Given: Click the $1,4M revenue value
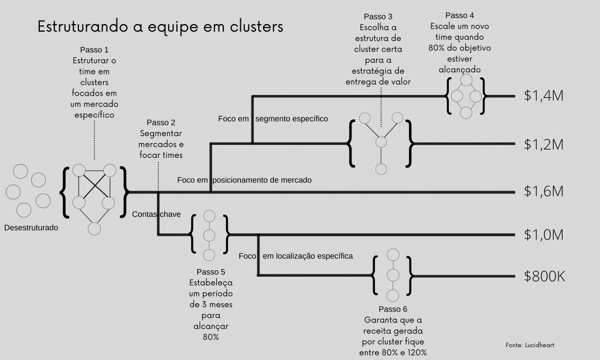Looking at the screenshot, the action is [543, 96].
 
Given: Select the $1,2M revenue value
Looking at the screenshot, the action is [543, 144].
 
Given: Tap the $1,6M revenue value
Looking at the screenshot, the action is [543, 191].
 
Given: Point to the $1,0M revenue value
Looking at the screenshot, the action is [543, 235].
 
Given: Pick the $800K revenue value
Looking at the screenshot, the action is [544, 276].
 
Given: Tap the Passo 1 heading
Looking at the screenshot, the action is [94, 50].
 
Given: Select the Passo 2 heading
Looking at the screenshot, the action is [161, 123].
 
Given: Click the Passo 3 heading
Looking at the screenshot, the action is [378, 16].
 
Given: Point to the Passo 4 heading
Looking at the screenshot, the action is [459, 15].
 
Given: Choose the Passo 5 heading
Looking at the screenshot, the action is [211, 272].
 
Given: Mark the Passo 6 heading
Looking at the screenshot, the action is [393, 309].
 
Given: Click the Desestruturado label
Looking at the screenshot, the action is [31, 228].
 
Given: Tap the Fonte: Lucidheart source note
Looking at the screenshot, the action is [530, 345].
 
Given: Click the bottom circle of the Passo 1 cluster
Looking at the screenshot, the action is [94, 229].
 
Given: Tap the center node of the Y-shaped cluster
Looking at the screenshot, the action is [381, 142].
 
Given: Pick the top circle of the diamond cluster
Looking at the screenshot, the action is [466, 80].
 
